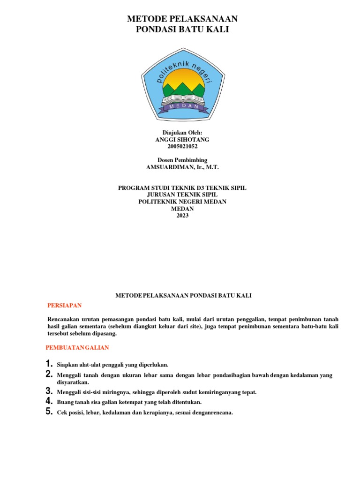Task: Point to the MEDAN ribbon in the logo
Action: (x=182, y=107)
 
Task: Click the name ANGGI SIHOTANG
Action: (x=182, y=140)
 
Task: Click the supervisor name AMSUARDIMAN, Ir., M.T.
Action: (x=182, y=167)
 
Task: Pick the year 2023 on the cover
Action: (x=182, y=216)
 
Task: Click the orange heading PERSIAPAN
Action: (x=65, y=306)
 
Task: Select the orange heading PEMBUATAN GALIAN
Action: (x=77, y=347)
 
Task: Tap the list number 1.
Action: (x=48, y=364)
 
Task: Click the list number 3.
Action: (x=48, y=391)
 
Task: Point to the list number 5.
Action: (x=48, y=412)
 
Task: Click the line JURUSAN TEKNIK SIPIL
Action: (x=182, y=195)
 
